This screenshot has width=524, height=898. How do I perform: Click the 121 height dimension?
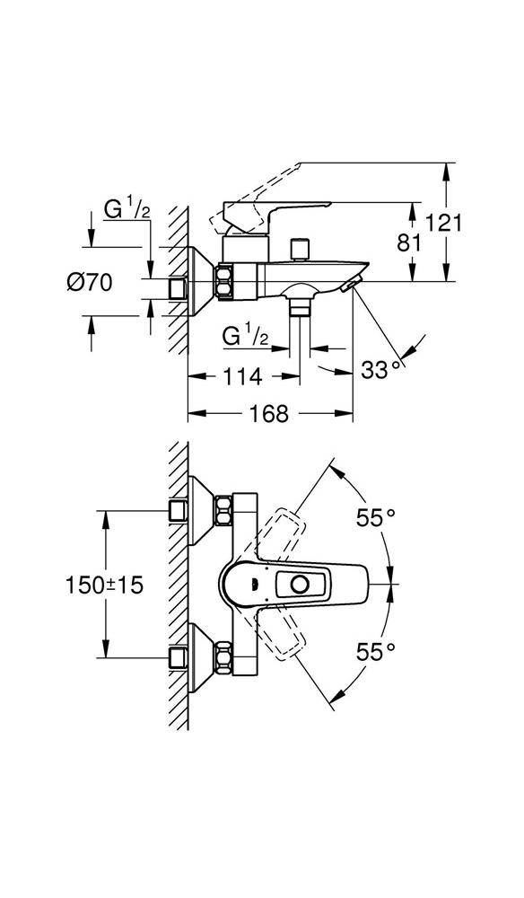[442, 222]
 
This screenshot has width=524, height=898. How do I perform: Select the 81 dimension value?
[409, 243]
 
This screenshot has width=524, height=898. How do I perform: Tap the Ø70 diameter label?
[89, 282]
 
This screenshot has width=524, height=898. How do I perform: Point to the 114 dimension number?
[242, 377]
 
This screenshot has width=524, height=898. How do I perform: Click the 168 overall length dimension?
[269, 413]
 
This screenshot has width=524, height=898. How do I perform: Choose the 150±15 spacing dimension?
[103, 585]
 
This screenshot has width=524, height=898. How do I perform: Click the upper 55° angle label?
[375, 518]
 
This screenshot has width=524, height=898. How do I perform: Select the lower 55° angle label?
[375, 652]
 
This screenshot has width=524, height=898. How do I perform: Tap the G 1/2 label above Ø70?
[127, 209]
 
